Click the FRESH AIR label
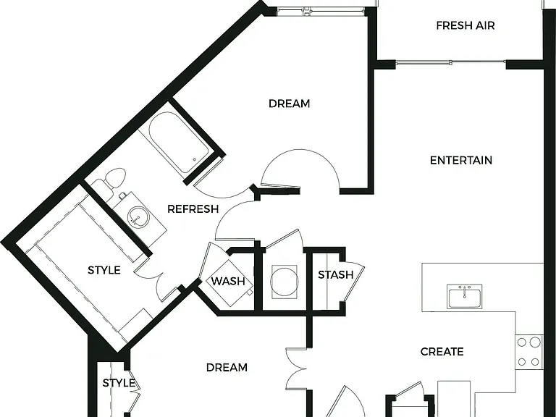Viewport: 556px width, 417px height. point(466,25)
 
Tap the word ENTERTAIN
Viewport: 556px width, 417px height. point(461,160)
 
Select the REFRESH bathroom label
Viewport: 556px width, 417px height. point(193,208)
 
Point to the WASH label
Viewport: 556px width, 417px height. point(228,281)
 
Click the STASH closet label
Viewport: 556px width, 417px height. point(336,275)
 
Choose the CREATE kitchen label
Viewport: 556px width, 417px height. point(442,351)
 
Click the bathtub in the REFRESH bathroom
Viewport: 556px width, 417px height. point(178,142)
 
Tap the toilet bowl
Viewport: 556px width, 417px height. point(116,177)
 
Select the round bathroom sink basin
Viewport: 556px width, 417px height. point(138,216)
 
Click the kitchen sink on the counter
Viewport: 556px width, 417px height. point(464,296)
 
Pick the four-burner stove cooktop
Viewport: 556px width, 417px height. point(529,352)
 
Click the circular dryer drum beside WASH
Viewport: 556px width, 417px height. point(284,282)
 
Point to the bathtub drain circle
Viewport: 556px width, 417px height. point(194,160)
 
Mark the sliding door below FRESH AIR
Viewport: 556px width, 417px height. point(450,63)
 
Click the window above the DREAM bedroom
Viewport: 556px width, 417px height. point(321,12)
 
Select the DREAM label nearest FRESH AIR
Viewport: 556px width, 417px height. point(289,104)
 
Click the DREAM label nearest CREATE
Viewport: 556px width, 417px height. point(227,367)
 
